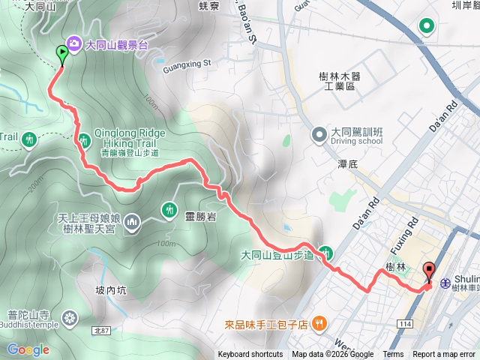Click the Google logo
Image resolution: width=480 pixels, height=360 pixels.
coord(28,349)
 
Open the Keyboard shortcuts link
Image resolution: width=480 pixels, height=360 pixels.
coord(250,355)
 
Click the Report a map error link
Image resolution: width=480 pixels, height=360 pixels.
coord(444,355)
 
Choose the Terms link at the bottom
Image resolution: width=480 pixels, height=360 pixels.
coord(393,355)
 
